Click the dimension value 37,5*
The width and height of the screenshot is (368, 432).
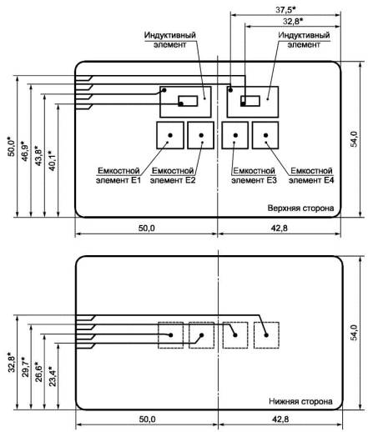pyautogui.click(x=285, y=10)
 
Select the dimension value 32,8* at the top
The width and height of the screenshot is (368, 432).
pyautogui.click(x=293, y=21)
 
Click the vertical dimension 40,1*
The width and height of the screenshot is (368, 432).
pyautogui.click(x=52, y=161)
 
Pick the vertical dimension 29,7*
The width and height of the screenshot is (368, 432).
pyautogui.click(x=25, y=367)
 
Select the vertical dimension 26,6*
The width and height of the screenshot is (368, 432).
pyautogui.click(x=38, y=372)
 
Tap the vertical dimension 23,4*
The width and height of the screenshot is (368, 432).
pyautogui.click(x=53, y=376)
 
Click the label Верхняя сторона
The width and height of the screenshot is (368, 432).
pyautogui.click(x=300, y=208)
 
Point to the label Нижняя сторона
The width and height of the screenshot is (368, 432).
pyautogui.click(x=300, y=401)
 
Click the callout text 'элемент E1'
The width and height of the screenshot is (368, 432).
pyautogui.click(x=118, y=180)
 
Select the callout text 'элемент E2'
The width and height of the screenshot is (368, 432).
pyautogui.click(x=173, y=180)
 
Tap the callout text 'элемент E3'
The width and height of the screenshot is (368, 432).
pyautogui.click(x=254, y=180)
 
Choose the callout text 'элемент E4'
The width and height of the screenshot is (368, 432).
pyautogui.click(x=311, y=180)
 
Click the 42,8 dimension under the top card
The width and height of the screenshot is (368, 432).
pyautogui.click(x=280, y=229)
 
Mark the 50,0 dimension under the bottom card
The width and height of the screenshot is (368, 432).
pyautogui.click(x=147, y=419)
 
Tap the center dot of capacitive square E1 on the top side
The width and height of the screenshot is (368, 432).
pyautogui.click(x=170, y=135)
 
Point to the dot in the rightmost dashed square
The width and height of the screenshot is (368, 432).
pyautogui.click(x=266, y=335)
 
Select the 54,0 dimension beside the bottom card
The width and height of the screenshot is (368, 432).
pyautogui.click(x=354, y=333)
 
